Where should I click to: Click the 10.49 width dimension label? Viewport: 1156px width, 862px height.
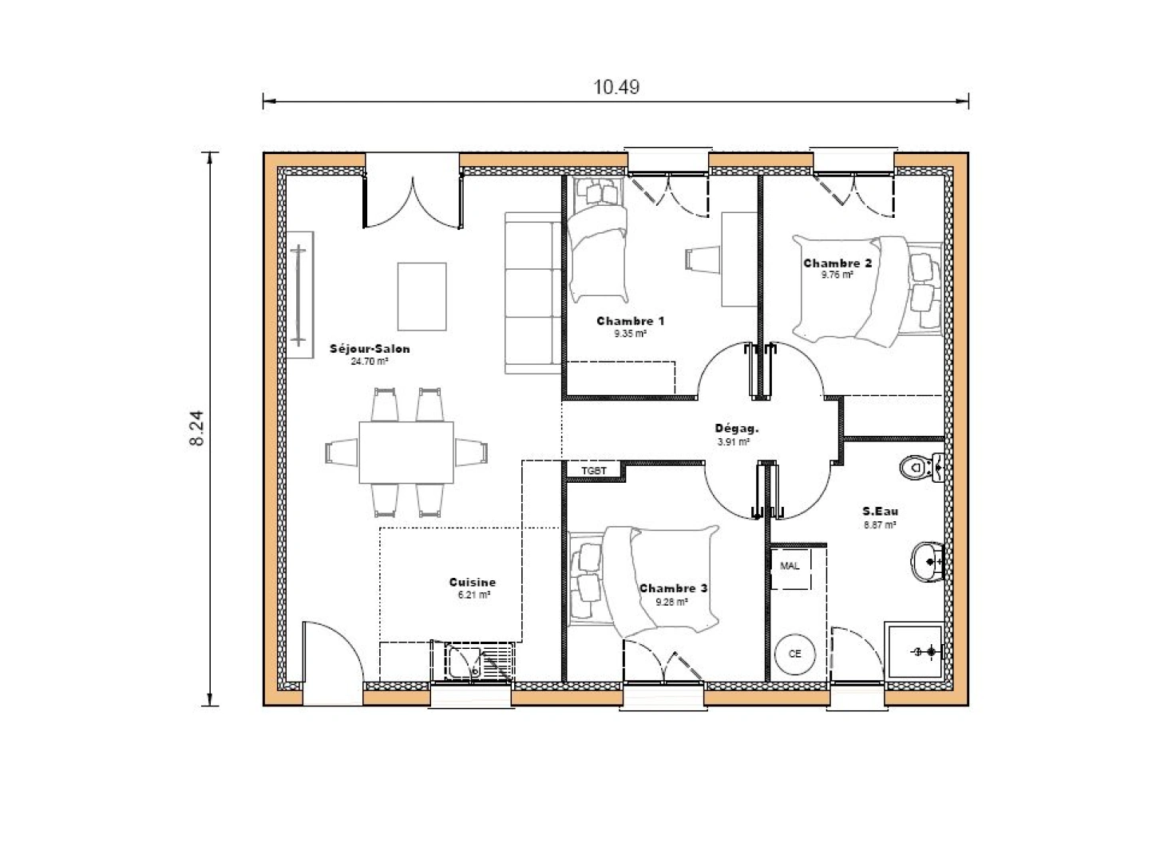616,86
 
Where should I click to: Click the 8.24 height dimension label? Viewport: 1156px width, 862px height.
197,429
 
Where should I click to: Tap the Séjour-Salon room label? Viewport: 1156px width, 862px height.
370,349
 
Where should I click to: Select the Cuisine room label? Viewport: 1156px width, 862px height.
472,583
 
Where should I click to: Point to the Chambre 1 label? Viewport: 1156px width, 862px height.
630,321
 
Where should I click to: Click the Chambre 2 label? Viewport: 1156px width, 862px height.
837,263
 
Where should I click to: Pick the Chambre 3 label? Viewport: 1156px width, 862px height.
672,588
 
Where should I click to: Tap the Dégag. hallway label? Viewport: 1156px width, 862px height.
732,428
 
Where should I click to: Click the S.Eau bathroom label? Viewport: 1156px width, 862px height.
878,512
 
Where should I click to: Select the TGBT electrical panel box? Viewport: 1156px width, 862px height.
594,471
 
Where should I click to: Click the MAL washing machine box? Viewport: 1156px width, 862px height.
790,566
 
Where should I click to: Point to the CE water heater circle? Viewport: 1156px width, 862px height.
794,653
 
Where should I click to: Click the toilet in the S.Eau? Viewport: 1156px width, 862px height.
920,466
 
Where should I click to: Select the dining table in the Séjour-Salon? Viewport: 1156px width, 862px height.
406,453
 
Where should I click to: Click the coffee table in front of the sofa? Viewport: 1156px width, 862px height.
422,296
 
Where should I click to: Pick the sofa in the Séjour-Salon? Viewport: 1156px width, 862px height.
532,293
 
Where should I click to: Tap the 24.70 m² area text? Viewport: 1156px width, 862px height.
370,362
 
